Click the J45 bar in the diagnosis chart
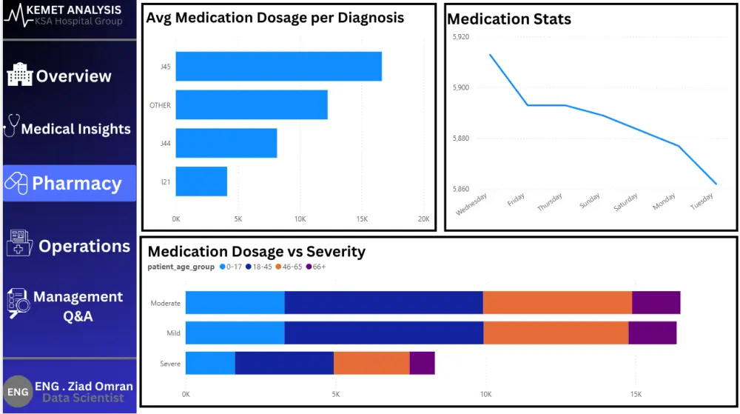pyautogui.click(x=278, y=67)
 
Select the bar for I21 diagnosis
pyautogui.click(x=201, y=181)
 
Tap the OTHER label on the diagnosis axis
pyautogui.click(x=160, y=105)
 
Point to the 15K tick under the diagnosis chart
pyautogui.click(x=362, y=219)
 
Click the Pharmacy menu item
pyautogui.click(x=70, y=184)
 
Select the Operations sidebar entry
pyautogui.click(x=70, y=246)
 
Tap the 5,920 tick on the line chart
pyautogui.click(x=460, y=36)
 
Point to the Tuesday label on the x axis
pyautogui.click(x=702, y=201)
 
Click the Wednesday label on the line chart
pyautogui.click(x=471, y=204)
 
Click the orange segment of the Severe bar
pyautogui.click(x=371, y=363)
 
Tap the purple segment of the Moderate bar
pyautogui.click(x=656, y=303)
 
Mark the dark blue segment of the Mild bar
pyautogui.click(x=383, y=333)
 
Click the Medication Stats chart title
pyautogui.click(x=509, y=19)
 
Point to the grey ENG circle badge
pyautogui.click(x=18, y=392)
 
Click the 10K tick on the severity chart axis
pyautogui.click(x=485, y=394)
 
